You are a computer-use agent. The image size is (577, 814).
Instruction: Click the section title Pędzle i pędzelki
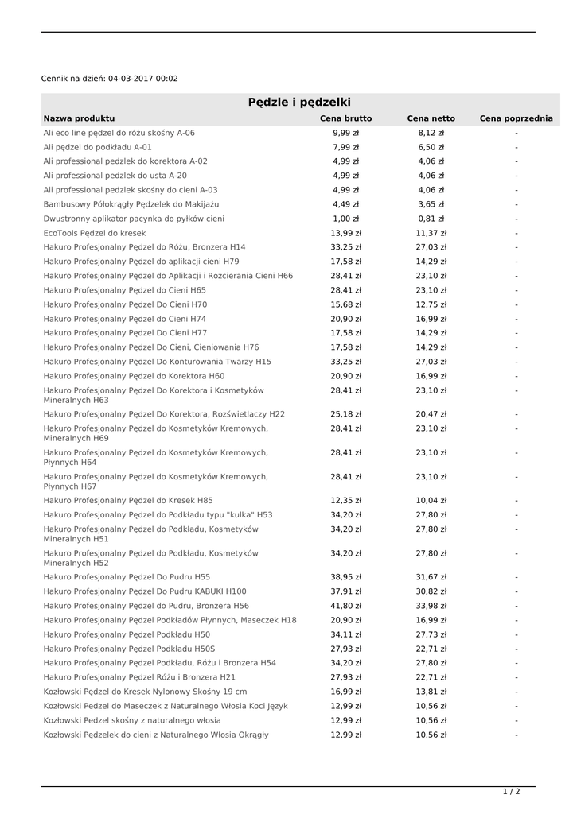299,103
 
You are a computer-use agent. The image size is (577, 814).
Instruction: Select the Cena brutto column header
345,118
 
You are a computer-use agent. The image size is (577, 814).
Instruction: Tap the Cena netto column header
431,118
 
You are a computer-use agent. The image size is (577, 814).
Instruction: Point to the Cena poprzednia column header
516,118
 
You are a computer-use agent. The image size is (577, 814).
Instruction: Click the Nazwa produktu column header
79,118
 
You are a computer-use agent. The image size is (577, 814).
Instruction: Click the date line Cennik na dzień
109,79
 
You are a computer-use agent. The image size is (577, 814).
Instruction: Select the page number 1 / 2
512,792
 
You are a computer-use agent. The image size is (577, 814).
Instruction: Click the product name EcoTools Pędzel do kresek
95,233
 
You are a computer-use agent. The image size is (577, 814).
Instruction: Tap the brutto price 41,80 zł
345,606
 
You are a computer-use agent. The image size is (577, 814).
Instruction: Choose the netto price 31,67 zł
431,577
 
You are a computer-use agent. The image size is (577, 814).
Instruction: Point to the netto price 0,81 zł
431,219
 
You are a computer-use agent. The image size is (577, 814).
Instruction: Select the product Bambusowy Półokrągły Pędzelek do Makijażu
131,204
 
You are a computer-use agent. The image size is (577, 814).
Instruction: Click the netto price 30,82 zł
431,591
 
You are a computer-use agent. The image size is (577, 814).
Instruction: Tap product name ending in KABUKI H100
145,591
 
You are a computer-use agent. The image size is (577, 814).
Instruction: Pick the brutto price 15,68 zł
345,304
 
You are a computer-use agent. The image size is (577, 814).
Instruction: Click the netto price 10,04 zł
431,501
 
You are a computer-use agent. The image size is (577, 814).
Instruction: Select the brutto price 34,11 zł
345,634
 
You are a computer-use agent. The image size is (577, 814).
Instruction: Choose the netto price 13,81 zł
431,692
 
